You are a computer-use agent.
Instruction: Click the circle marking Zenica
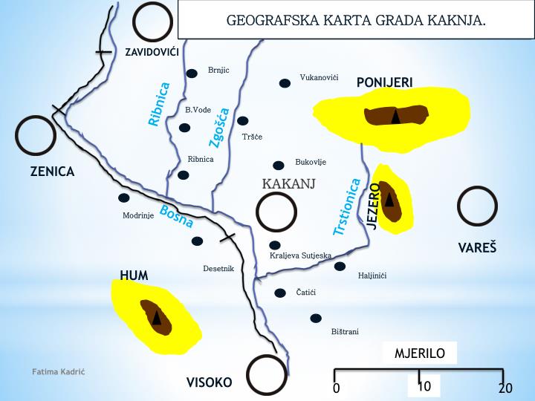pyautogui.click(x=36, y=135)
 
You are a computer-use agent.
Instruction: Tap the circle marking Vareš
pyautogui.click(x=477, y=206)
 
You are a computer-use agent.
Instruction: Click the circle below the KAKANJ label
pyautogui.click(x=276, y=212)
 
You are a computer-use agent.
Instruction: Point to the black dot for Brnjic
pyautogui.click(x=192, y=73)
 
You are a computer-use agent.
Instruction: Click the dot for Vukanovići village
pyautogui.click(x=284, y=83)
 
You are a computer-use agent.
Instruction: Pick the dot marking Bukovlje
pyautogui.click(x=279, y=165)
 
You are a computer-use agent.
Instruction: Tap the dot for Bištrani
pyautogui.click(x=316, y=318)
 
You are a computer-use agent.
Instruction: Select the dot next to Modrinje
pyautogui.click(x=123, y=198)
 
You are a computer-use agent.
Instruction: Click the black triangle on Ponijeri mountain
pyautogui.click(x=396, y=116)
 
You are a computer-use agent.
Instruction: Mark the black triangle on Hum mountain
pyautogui.click(x=156, y=317)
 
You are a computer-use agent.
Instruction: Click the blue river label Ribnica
pyautogui.click(x=159, y=104)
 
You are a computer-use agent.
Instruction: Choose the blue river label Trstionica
pyautogui.click(x=347, y=207)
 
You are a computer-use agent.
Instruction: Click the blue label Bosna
pyautogui.click(x=176, y=215)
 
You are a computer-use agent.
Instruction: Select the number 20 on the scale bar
pyautogui.click(x=505, y=388)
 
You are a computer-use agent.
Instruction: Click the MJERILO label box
pyautogui.click(x=420, y=353)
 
